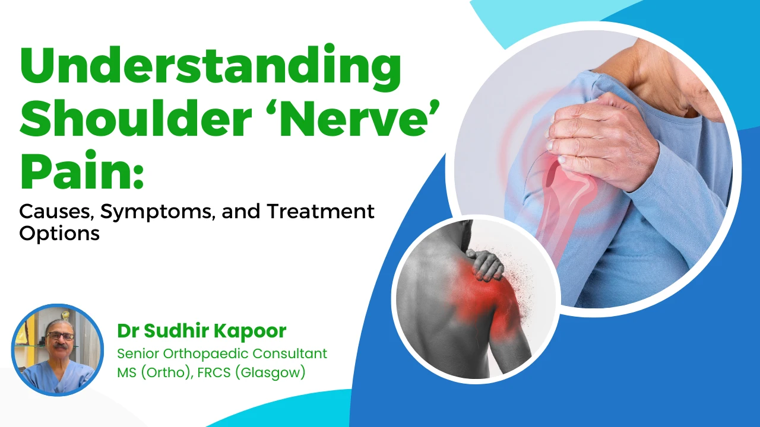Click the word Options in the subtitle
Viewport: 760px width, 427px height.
pos(59,233)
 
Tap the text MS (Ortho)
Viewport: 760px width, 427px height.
pos(153,373)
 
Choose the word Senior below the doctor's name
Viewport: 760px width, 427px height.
pos(136,353)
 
